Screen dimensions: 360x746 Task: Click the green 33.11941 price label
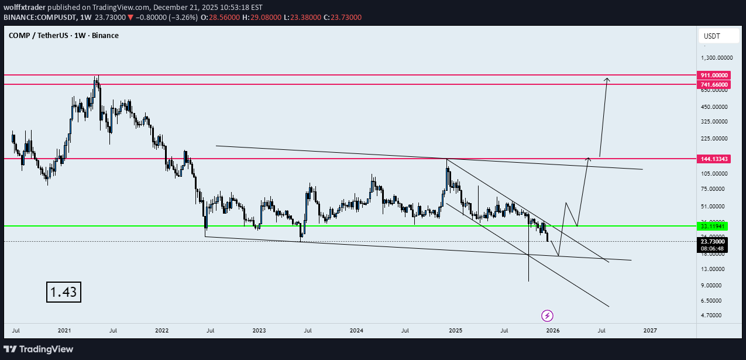click(711, 226)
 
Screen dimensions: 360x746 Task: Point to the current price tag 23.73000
click(712, 241)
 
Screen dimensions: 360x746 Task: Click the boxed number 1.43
click(64, 292)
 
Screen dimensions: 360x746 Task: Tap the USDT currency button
click(711, 36)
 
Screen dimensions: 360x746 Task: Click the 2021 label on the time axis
click(64, 330)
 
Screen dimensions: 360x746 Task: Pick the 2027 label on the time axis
click(649, 330)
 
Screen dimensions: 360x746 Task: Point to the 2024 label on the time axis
click(357, 330)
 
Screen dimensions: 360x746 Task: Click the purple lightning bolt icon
click(548, 316)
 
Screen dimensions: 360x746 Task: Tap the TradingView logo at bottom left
click(40, 349)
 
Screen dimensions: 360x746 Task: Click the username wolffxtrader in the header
click(26, 8)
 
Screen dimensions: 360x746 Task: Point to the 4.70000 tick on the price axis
click(713, 316)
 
